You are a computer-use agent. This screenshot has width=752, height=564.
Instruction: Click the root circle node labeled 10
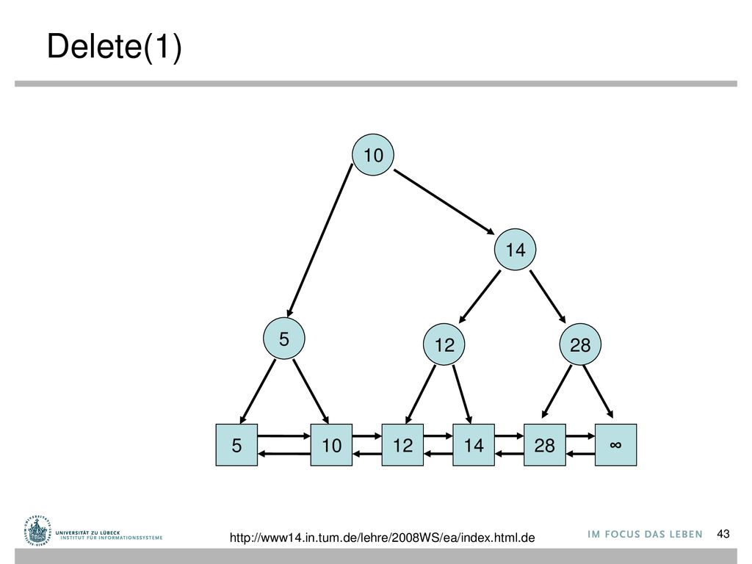[x=373, y=154]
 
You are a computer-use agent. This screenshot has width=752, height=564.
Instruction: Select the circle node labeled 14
[x=515, y=250]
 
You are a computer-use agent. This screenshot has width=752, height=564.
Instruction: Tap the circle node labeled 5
[x=284, y=339]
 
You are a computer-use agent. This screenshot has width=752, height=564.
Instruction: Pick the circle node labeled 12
[x=444, y=344]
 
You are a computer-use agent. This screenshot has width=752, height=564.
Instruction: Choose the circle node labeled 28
[x=580, y=344]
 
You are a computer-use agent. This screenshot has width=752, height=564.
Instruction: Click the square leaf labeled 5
[x=236, y=445]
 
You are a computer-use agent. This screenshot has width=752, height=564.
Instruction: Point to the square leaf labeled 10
[x=331, y=445]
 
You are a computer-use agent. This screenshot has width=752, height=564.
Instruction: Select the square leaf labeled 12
[x=402, y=445]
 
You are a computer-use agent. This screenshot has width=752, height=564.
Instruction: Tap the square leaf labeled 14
[x=474, y=445]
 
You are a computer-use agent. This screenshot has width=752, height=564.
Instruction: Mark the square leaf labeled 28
[x=545, y=445]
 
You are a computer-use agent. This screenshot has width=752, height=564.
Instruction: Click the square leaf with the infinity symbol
[x=616, y=445]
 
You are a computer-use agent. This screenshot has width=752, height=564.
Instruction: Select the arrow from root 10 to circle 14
[x=444, y=202]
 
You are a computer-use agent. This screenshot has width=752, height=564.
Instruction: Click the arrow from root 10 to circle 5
[x=319, y=241]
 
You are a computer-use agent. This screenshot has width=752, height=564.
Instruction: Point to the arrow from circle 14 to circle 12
[x=480, y=297]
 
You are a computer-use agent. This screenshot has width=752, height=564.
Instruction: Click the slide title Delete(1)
[x=114, y=46]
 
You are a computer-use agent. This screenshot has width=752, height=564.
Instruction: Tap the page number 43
[x=723, y=534]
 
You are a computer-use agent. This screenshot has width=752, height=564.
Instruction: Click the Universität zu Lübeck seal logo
[x=37, y=532]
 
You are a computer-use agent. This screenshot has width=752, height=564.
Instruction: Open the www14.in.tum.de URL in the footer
[x=382, y=538]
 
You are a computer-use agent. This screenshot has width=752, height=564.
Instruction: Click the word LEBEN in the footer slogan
[x=687, y=535]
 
